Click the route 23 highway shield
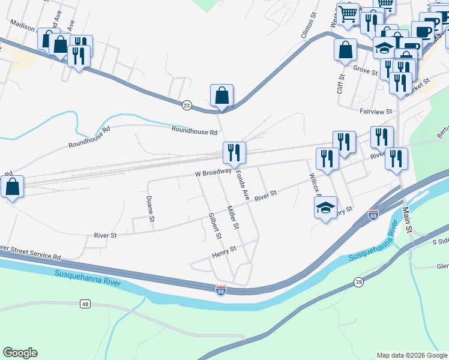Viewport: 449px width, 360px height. (187, 106)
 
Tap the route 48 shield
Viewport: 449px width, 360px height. (85, 305)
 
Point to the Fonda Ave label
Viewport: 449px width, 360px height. (242, 185)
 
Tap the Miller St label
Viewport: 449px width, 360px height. (232, 218)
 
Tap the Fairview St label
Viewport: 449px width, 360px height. (375, 111)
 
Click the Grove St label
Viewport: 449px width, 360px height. (366, 70)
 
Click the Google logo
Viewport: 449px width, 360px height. (20, 353)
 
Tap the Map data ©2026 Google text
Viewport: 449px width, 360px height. (412, 355)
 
